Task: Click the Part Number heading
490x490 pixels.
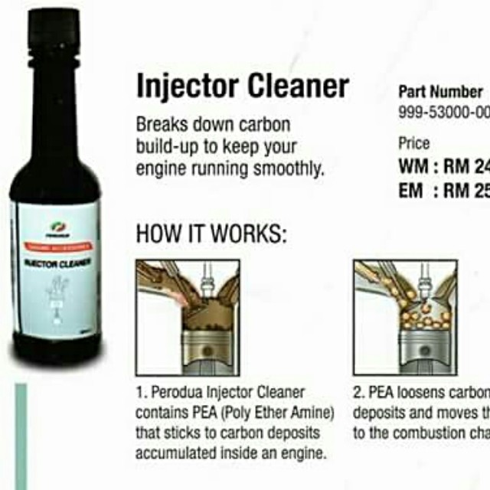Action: point(440,92)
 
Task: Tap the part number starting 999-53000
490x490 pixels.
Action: point(443,112)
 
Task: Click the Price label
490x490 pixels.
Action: point(414,143)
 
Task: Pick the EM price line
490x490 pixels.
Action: point(443,191)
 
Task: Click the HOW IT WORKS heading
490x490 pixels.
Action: point(211,234)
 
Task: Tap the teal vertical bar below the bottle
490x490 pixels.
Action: point(21,436)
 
